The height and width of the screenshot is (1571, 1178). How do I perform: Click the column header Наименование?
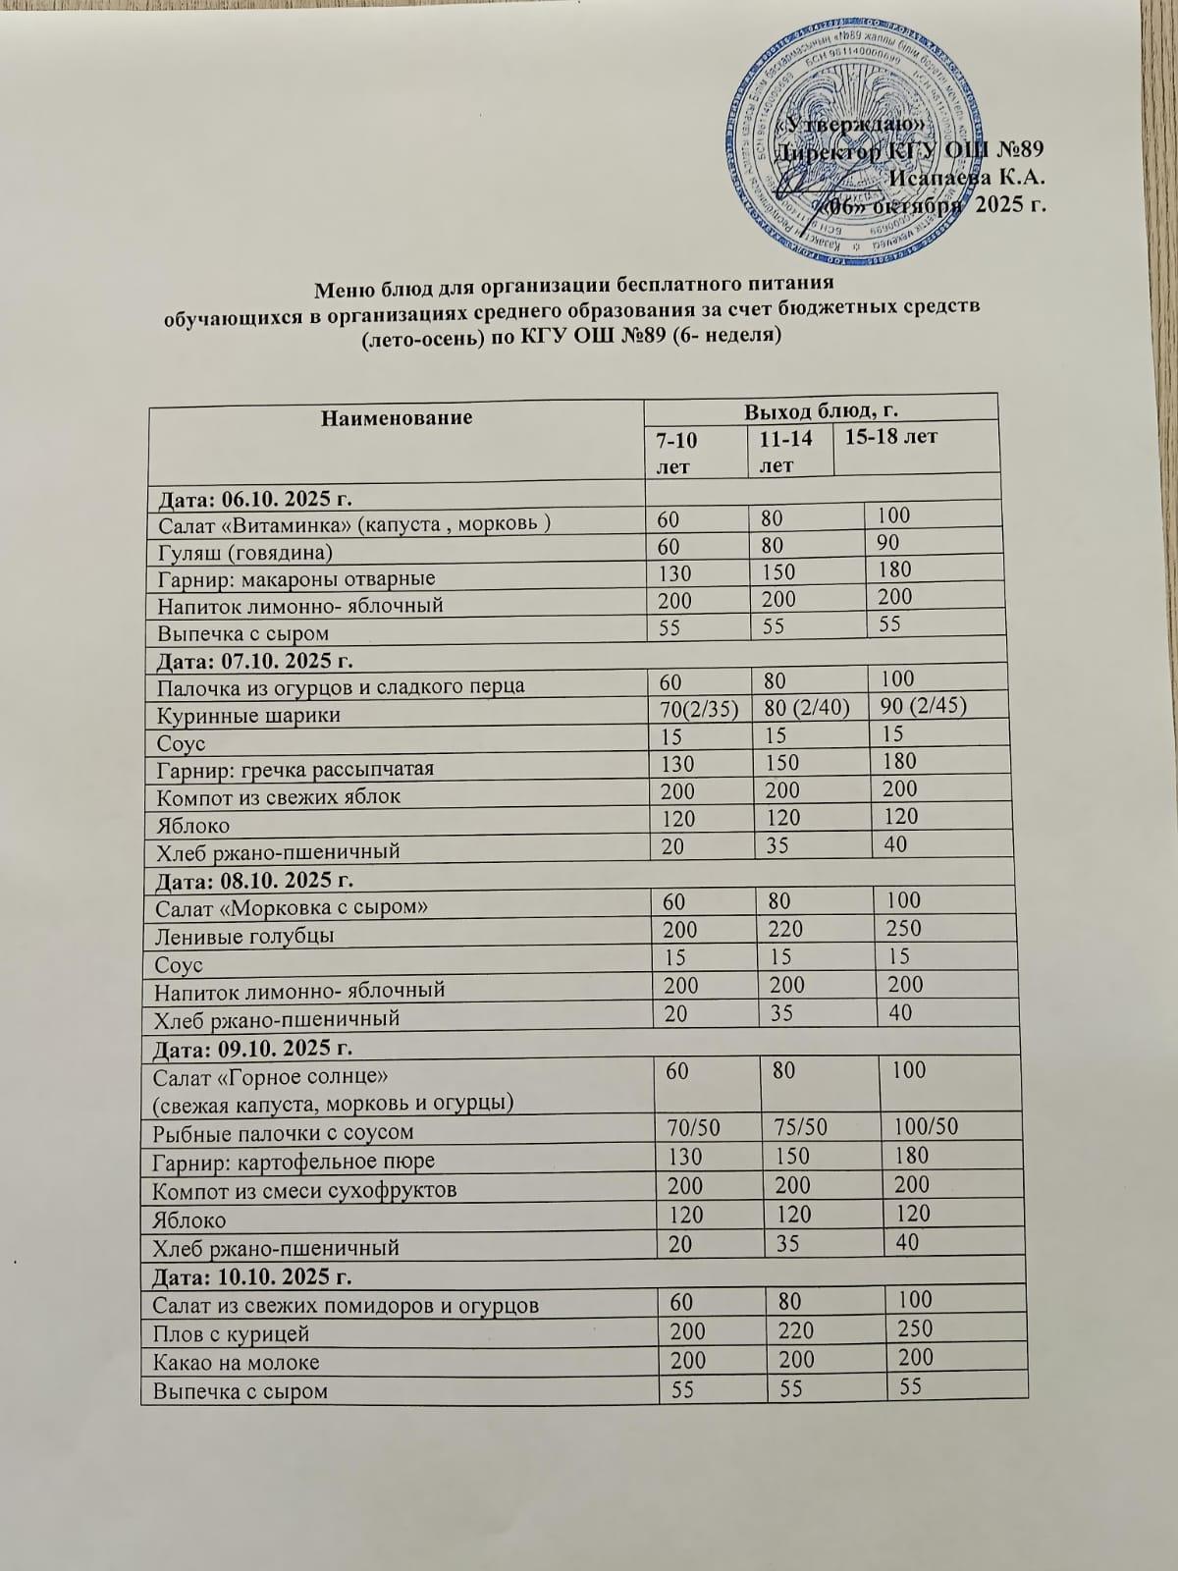(x=397, y=417)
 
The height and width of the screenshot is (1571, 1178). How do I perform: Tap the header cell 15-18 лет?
(x=890, y=437)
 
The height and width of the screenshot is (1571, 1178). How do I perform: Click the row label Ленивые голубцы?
(x=243, y=936)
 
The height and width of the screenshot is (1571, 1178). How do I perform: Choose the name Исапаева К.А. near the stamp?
(x=965, y=178)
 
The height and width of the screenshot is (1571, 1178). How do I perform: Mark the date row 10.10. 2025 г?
(x=251, y=1277)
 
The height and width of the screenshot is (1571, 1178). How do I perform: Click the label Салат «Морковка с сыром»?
(x=291, y=907)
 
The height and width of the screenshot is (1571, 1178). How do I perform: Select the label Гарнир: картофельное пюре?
(x=294, y=1162)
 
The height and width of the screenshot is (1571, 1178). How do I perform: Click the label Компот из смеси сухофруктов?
(x=304, y=1191)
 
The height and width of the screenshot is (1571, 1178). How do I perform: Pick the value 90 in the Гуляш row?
(x=889, y=542)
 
